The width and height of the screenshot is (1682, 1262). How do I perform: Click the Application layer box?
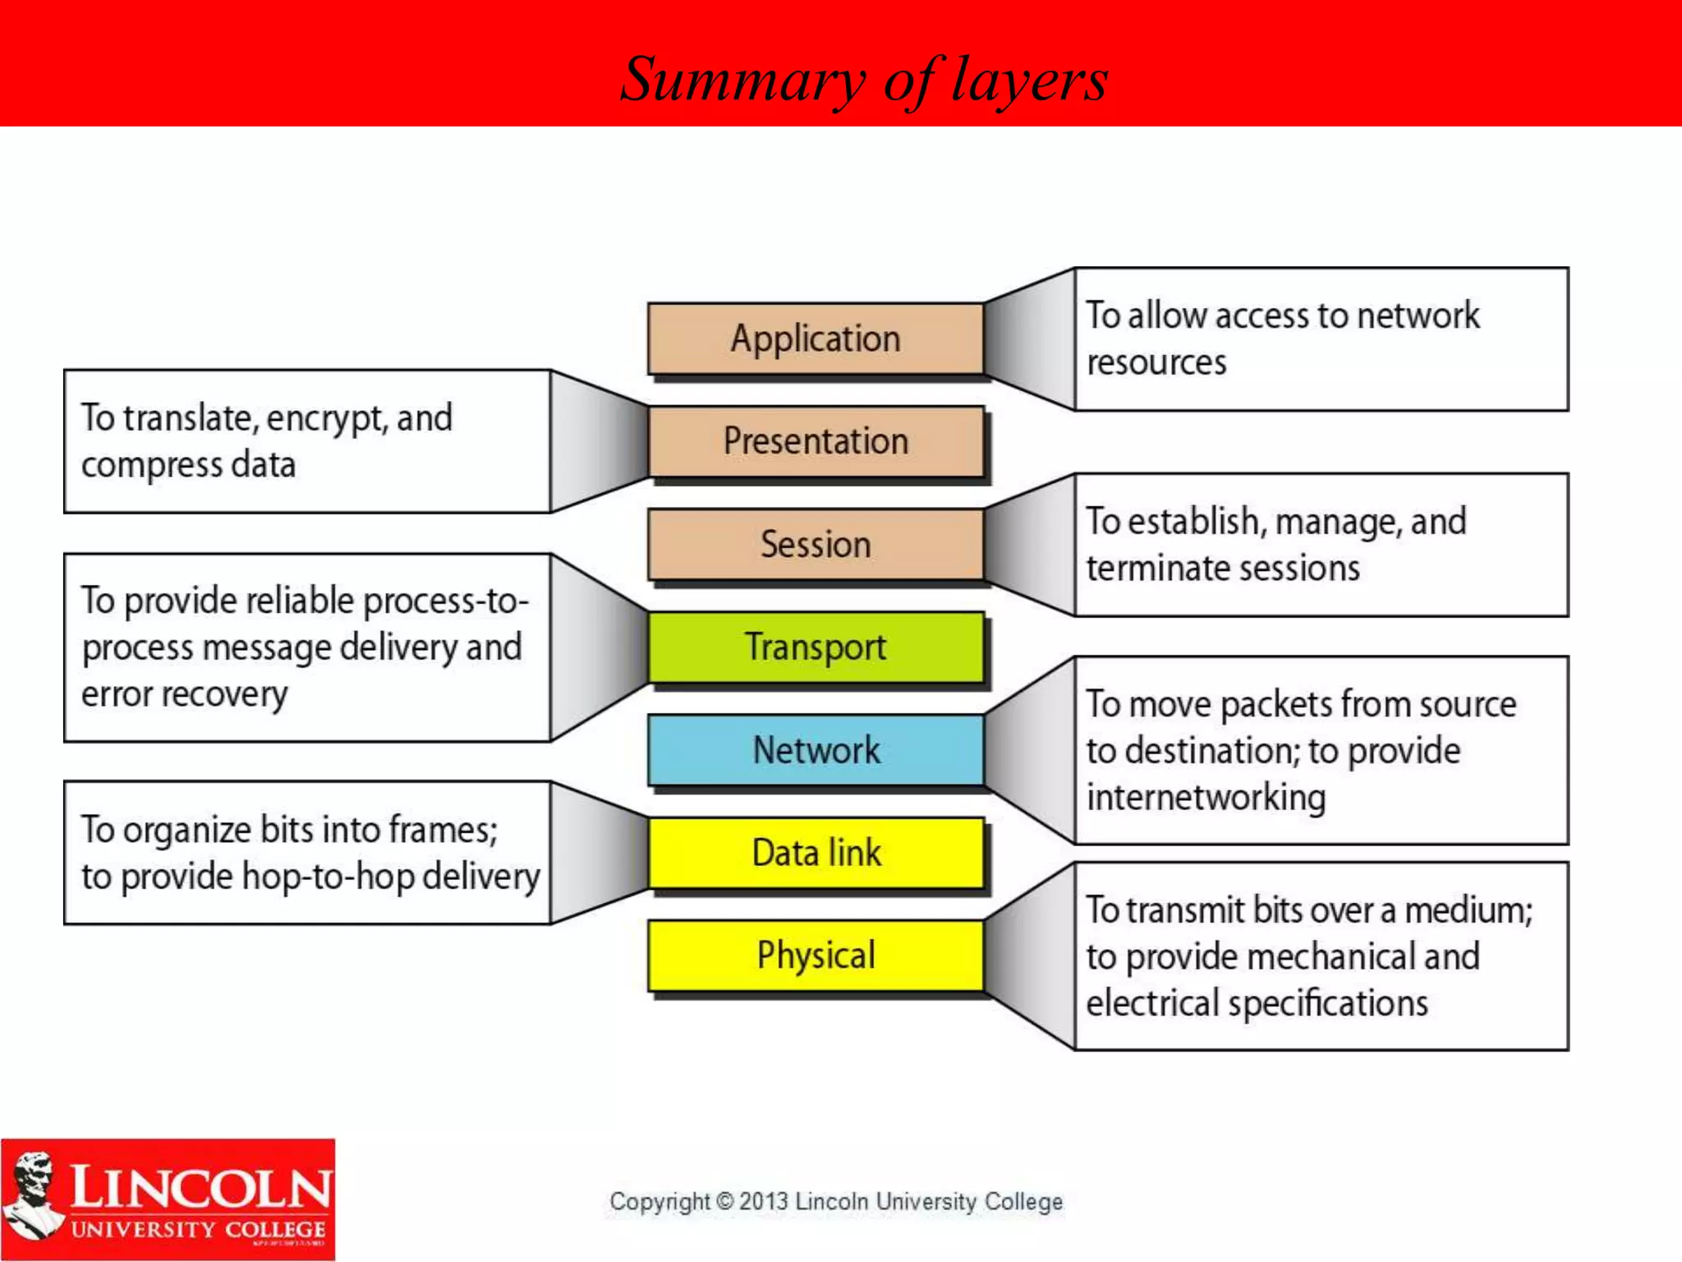816,339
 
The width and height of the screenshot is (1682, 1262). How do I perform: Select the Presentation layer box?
816,441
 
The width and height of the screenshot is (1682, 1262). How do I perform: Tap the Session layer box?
816,544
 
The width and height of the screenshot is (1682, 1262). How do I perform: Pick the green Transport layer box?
816,647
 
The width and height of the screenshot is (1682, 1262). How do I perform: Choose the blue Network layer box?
816,750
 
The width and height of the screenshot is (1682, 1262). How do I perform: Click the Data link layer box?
816,853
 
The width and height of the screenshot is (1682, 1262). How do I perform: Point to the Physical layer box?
816,956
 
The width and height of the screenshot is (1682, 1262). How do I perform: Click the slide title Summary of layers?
863,80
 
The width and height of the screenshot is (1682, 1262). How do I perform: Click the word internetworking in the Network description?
1206,798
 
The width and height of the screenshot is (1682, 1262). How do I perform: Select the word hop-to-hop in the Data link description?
328,877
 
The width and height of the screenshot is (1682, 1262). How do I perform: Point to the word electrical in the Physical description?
1152,1004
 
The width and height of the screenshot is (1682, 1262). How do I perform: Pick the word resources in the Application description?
1156,362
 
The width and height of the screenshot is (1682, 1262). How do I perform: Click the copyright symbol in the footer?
724,1201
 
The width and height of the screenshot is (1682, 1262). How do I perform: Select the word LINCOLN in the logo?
200,1188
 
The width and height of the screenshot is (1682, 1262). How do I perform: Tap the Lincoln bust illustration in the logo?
33,1195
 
